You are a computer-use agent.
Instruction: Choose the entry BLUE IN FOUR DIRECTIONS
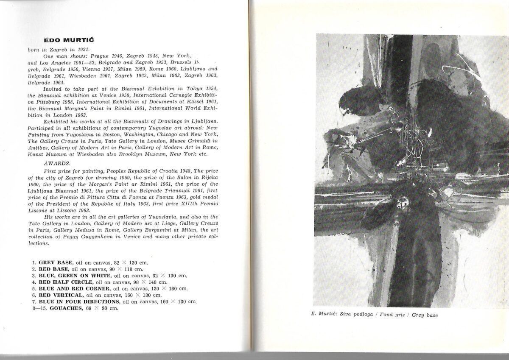(79, 301)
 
